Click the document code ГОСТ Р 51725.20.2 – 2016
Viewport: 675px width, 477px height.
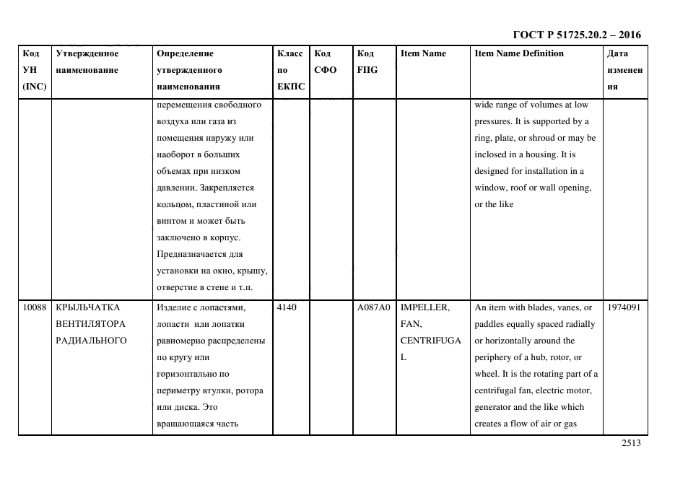[576, 35]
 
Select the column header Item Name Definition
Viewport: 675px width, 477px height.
[518, 53]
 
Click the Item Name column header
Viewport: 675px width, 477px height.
[423, 53]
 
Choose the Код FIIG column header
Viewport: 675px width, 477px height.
[367, 62]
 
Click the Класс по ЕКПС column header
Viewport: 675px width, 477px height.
[290, 70]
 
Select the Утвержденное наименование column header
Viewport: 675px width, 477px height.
[87, 62]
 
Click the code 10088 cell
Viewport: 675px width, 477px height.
[34, 307]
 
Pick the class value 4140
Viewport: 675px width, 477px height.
[286, 307]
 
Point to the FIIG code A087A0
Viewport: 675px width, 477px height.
[373, 307]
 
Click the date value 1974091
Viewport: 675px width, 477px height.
[624, 307]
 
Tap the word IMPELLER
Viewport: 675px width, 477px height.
[424, 307]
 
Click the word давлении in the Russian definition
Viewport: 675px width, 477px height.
[175, 188]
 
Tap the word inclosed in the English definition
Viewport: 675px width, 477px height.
[492, 154]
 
